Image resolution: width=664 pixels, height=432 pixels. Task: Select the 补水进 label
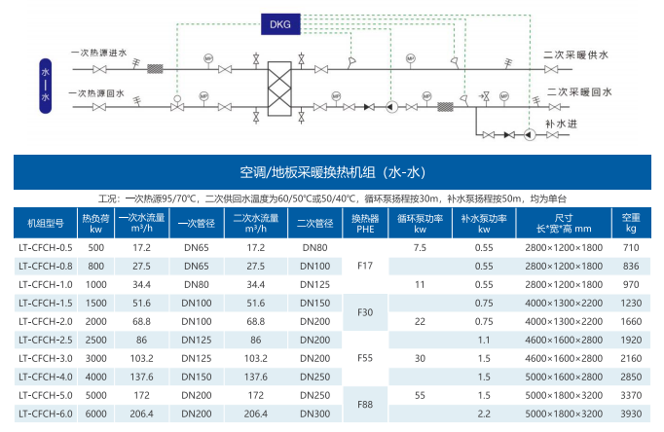pyautogui.click(x=562, y=124)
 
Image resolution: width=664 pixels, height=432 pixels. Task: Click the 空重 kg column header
pyautogui.click(x=631, y=224)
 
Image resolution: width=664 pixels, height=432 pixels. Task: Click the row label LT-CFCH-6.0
pyautogui.click(x=45, y=414)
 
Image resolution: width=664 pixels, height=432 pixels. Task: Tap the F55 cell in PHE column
pyautogui.click(x=365, y=358)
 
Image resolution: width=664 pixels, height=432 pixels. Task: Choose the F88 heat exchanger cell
pyautogui.click(x=365, y=404)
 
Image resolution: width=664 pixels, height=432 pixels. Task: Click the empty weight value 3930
pyautogui.click(x=631, y=414)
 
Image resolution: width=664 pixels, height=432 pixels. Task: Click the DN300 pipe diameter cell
pyautogui.click(x=314, y=414)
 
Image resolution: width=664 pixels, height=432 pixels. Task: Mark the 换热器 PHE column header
pyautogui.click(x=365, y=224)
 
